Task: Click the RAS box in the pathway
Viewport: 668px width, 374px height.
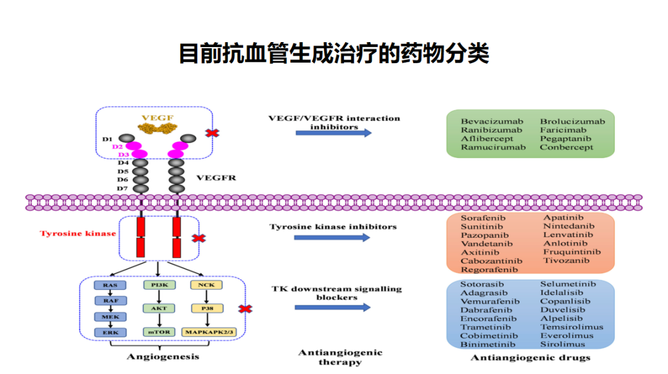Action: point(110,285)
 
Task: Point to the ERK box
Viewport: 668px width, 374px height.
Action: point(110,332)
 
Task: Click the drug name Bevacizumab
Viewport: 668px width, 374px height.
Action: point(492,121)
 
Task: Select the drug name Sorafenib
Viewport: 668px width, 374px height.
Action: point(483,218)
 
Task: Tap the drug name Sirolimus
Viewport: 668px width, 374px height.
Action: point(562,344)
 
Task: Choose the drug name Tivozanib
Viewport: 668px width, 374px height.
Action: point(567,261)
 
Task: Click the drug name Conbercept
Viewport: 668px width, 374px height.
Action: point(567,147)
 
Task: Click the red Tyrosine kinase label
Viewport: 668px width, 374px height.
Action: point(78,233)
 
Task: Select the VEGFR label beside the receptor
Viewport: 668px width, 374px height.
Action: point(216,178)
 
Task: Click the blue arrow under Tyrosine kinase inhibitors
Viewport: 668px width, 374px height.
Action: point(333,237)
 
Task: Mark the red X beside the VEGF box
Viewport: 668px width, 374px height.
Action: point(213,133)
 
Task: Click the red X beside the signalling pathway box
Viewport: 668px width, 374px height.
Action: point(246,308)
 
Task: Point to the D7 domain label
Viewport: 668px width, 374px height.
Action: point(122,188)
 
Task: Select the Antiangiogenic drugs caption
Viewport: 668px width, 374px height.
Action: point(531,358)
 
